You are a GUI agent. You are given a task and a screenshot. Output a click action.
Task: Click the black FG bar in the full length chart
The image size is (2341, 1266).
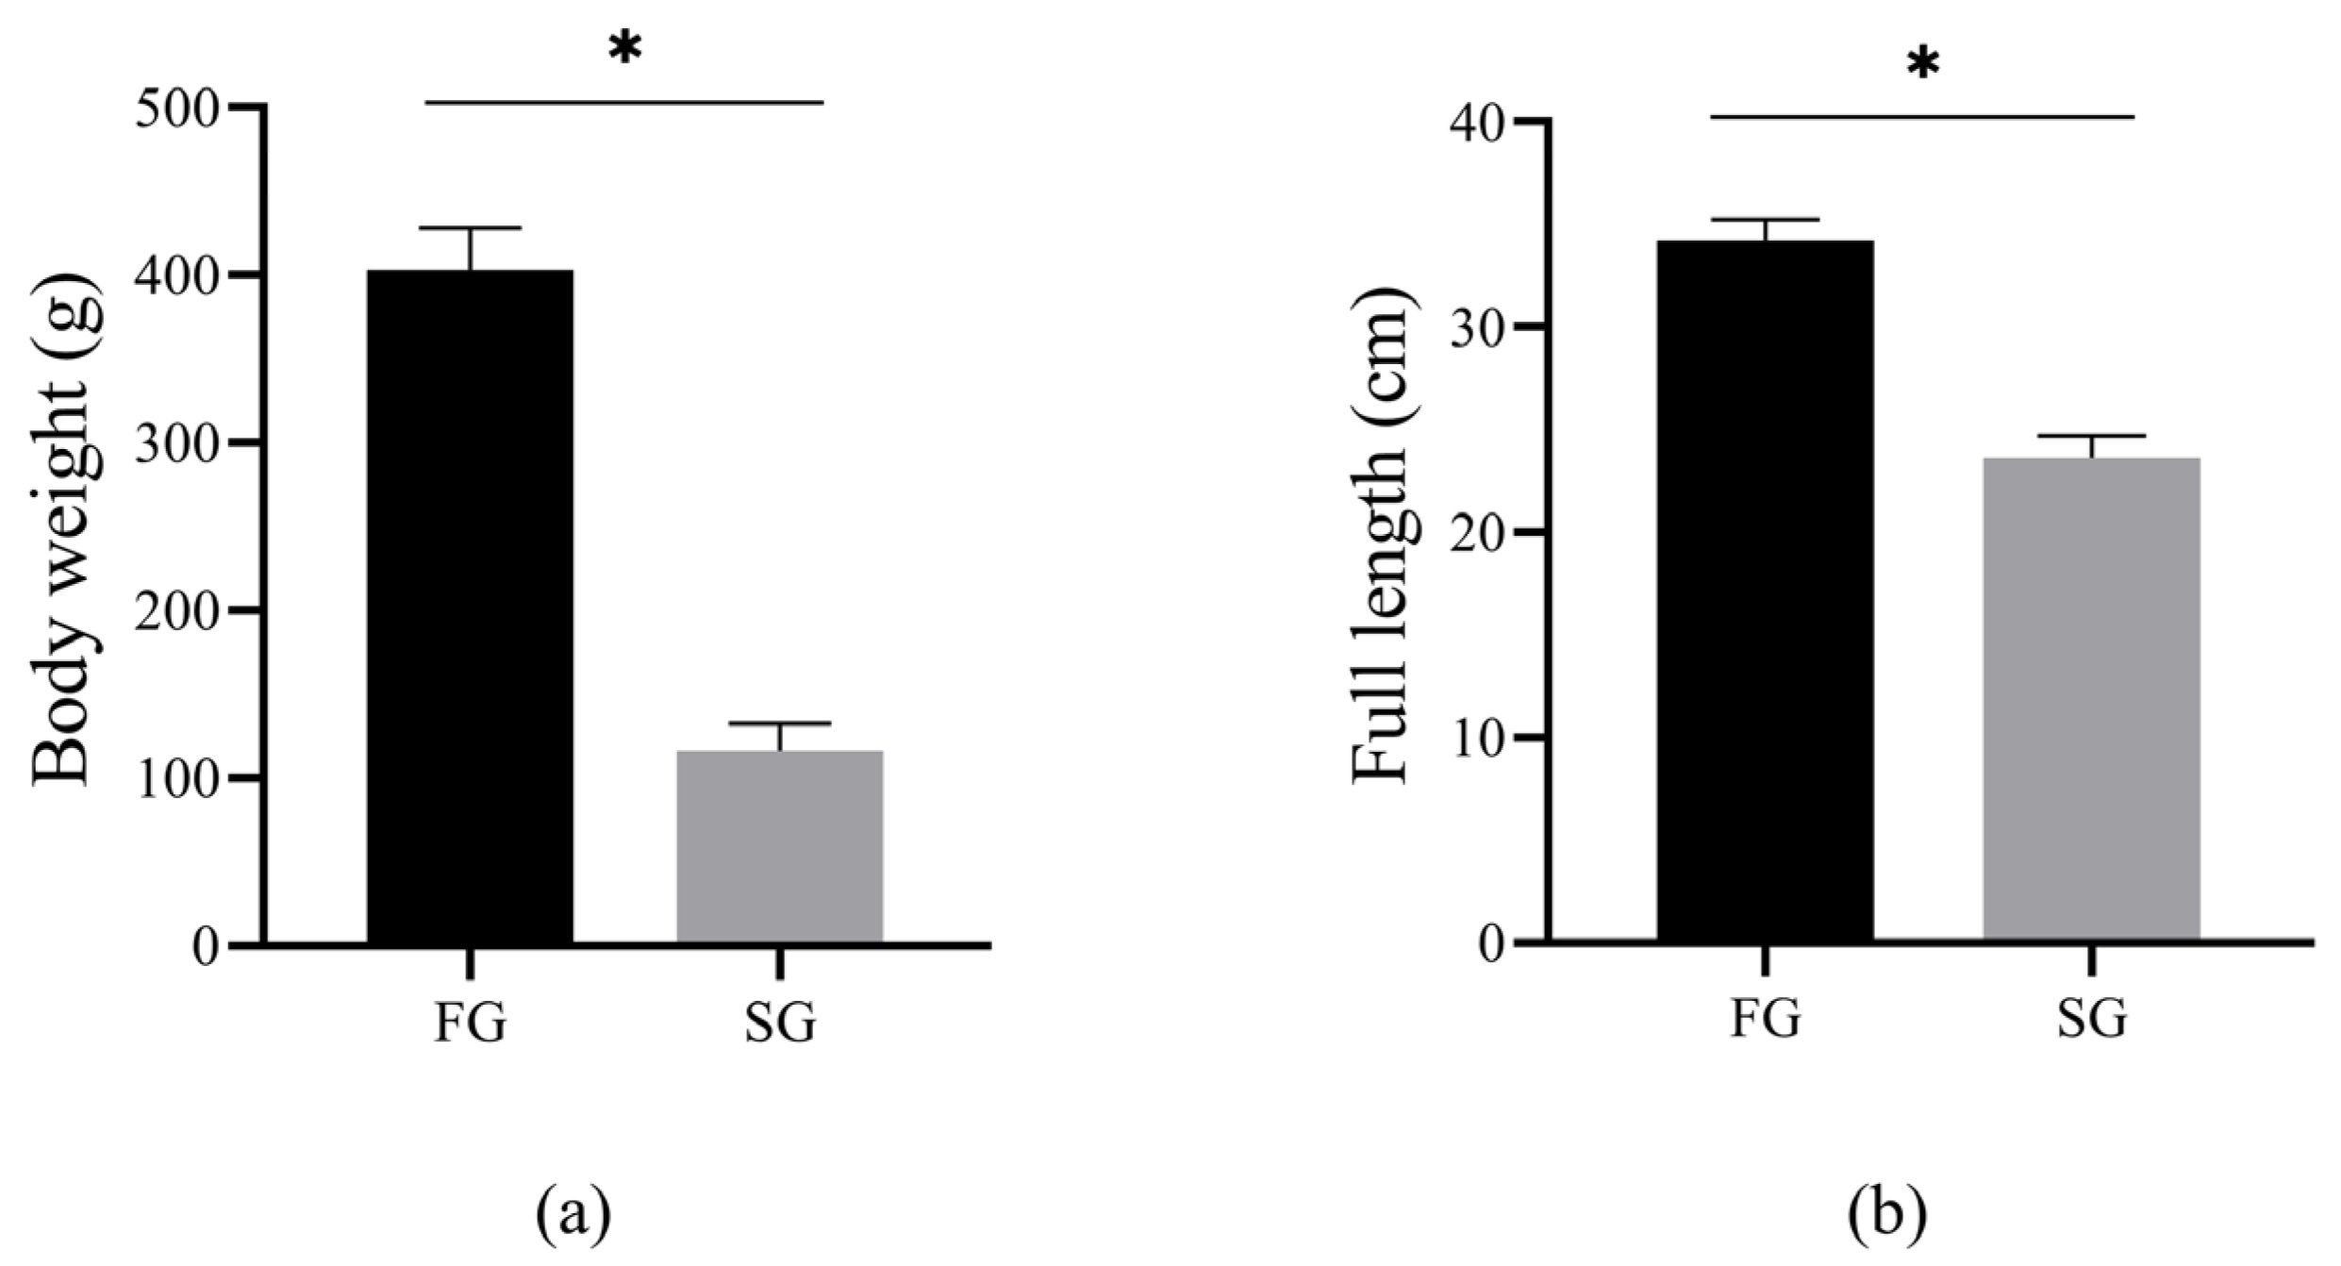pyautogui.click(x=1765, y=590)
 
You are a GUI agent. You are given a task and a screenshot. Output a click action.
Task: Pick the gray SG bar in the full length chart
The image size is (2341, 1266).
pyautogui.click(x=2091, y=698)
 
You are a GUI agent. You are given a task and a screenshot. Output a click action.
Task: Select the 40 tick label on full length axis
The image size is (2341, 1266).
pyautogui.click(x=1478, y=124)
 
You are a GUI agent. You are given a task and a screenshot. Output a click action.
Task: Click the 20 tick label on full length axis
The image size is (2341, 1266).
pyautogui.click(x=1478, y=534)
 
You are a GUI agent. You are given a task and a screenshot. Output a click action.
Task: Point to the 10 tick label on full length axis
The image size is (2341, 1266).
pyautogui.click(x=1478, y=739)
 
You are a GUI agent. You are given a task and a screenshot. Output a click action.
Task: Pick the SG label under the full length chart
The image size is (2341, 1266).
pyautogui.click(x=2091, y=1019)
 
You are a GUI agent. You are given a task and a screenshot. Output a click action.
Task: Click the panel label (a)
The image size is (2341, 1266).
pyautogui.click(x=573, y=1214)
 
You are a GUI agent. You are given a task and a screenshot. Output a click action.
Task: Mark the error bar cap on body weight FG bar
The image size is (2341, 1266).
pyautogui.click(x=470, y=228)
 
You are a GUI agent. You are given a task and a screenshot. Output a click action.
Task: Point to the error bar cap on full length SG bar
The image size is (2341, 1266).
pyautogui.click(x=2091, y=436)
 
